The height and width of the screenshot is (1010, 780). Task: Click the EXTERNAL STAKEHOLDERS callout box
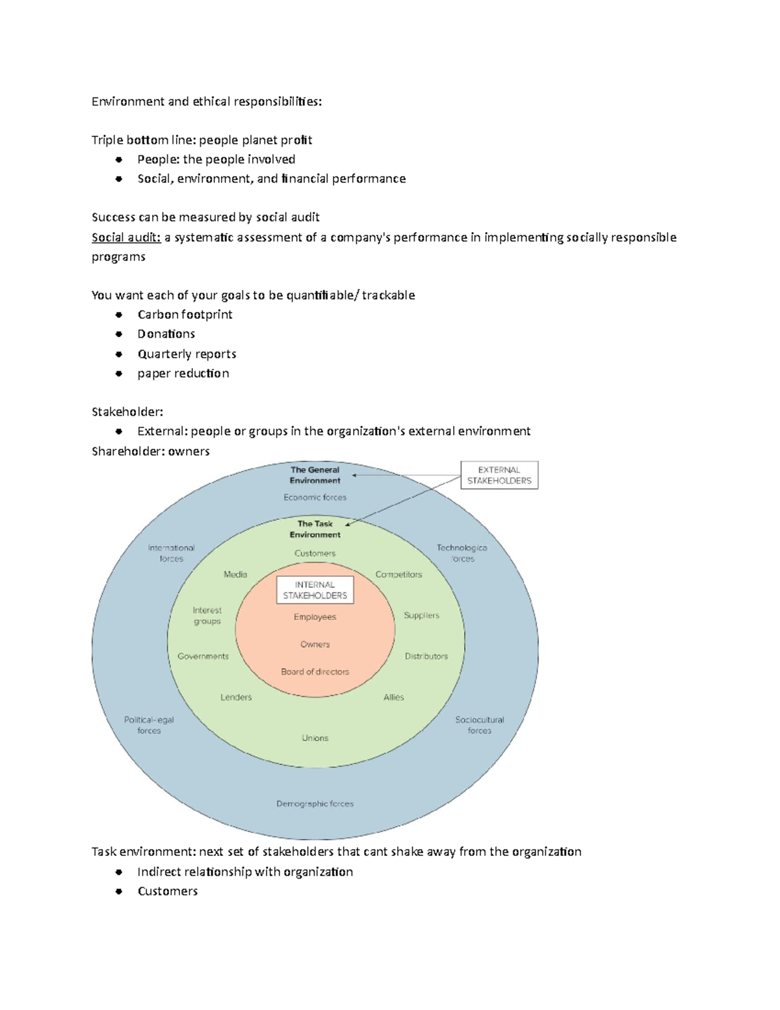pos(499,475)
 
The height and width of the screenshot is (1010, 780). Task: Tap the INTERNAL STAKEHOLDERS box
pos(315,590)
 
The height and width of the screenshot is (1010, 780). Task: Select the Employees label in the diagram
pos(315,617)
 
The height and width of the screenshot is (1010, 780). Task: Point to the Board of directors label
pos(315,672)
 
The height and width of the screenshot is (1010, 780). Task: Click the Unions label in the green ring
pos(315,738)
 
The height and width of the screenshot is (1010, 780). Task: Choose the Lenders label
pos(236,697)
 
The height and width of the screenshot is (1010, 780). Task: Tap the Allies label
pos(394,697)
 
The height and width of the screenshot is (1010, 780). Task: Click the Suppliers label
pos(421,615)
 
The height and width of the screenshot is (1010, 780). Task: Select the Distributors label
pos(426,656)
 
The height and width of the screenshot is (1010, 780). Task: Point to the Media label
pos(235,574)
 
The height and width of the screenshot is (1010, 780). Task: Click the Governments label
pos(203,656)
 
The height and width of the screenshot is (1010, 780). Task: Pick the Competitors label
pos(399,574)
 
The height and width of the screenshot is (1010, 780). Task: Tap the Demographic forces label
pos(315,804)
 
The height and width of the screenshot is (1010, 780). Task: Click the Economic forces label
pos(315,498)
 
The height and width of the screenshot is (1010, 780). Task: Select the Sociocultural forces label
pos(480,725)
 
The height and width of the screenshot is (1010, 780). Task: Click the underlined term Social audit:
pos(126,237)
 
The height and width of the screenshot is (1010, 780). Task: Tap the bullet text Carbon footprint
pos(185,315)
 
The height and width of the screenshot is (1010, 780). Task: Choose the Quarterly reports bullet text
pos(187,354)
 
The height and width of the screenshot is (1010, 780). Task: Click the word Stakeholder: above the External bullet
pos(127,412)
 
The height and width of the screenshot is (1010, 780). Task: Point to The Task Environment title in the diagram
pos(315,529)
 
